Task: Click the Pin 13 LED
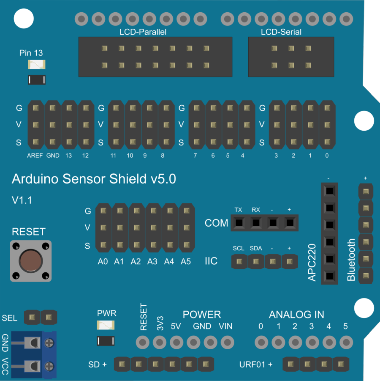tap(37, 65)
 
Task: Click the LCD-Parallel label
tap(143, 32)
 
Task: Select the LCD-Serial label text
tap(281, 32)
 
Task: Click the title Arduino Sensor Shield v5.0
tap(94, 179)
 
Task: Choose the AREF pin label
tap(35, 156)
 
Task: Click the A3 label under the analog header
tap(152, 262)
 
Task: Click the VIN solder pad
tap(227, 342)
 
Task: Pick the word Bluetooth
tap(351, 260)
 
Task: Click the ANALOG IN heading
tap(296, 315)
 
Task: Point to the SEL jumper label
tap(10, 318)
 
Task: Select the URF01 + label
tap(256, 365)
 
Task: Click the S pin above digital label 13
tap(69, 142)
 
